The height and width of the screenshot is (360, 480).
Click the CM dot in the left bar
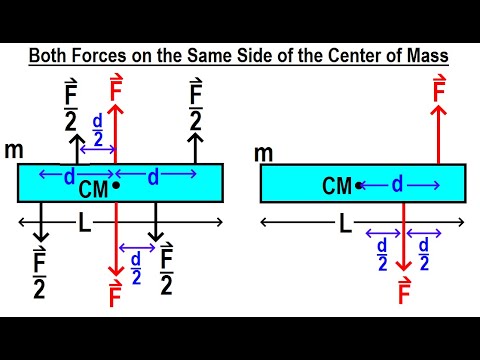[x=117, y=185]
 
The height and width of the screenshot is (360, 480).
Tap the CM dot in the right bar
[x=359, y=185]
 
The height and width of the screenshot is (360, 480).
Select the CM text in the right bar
[x=338, y=185]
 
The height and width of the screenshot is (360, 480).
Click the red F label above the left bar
[x=117, y=84]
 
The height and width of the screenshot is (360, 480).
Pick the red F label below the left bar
[x=117, y=296]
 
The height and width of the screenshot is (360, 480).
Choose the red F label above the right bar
[x=438, y=92]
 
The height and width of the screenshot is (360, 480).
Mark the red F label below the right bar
[x=404, y=293]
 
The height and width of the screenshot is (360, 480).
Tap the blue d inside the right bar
[x=397, y=185]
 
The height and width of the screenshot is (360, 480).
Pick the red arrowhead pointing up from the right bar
[x=438, y=116]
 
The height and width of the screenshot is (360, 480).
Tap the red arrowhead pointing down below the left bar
[x=117, y=271]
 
